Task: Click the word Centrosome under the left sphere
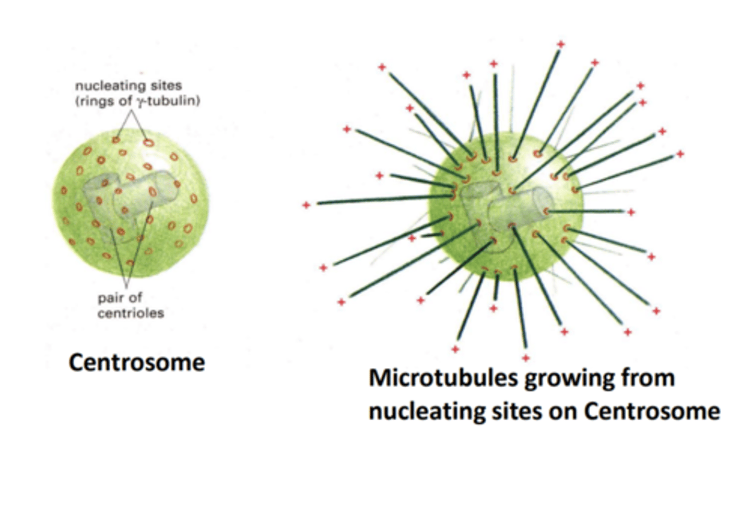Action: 136,363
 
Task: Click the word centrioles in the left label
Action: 131,314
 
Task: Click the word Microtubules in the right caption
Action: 443,378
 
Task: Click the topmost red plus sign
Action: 560,44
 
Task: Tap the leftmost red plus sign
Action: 307,205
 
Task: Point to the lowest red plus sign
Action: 526,358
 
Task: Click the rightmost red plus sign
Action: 680,154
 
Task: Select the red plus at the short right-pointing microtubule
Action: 631,212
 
